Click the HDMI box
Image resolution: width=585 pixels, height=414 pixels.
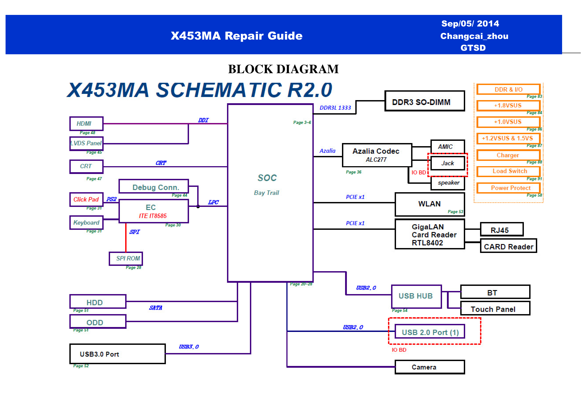86,124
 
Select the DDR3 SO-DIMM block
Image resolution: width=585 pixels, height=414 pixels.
424,101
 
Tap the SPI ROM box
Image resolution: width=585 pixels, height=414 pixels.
126,258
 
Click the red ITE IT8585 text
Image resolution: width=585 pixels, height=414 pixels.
153,216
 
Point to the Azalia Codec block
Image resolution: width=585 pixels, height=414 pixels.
377,155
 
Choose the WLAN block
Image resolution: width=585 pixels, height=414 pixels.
430,204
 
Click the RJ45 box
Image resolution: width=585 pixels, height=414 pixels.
502,229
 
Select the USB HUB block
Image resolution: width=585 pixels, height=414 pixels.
416,297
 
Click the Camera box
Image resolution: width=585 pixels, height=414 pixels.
430,367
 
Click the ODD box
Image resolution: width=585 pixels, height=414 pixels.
98,321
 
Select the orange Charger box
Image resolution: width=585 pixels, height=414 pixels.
508,155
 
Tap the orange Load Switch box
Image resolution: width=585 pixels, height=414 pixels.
508,171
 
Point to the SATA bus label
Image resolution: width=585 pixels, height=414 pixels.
156,308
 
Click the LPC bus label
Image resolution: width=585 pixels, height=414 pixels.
213,202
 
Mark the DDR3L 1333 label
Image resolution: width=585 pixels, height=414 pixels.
335,108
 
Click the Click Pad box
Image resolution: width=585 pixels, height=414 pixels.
86,199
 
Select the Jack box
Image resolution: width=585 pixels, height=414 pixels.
448,163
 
